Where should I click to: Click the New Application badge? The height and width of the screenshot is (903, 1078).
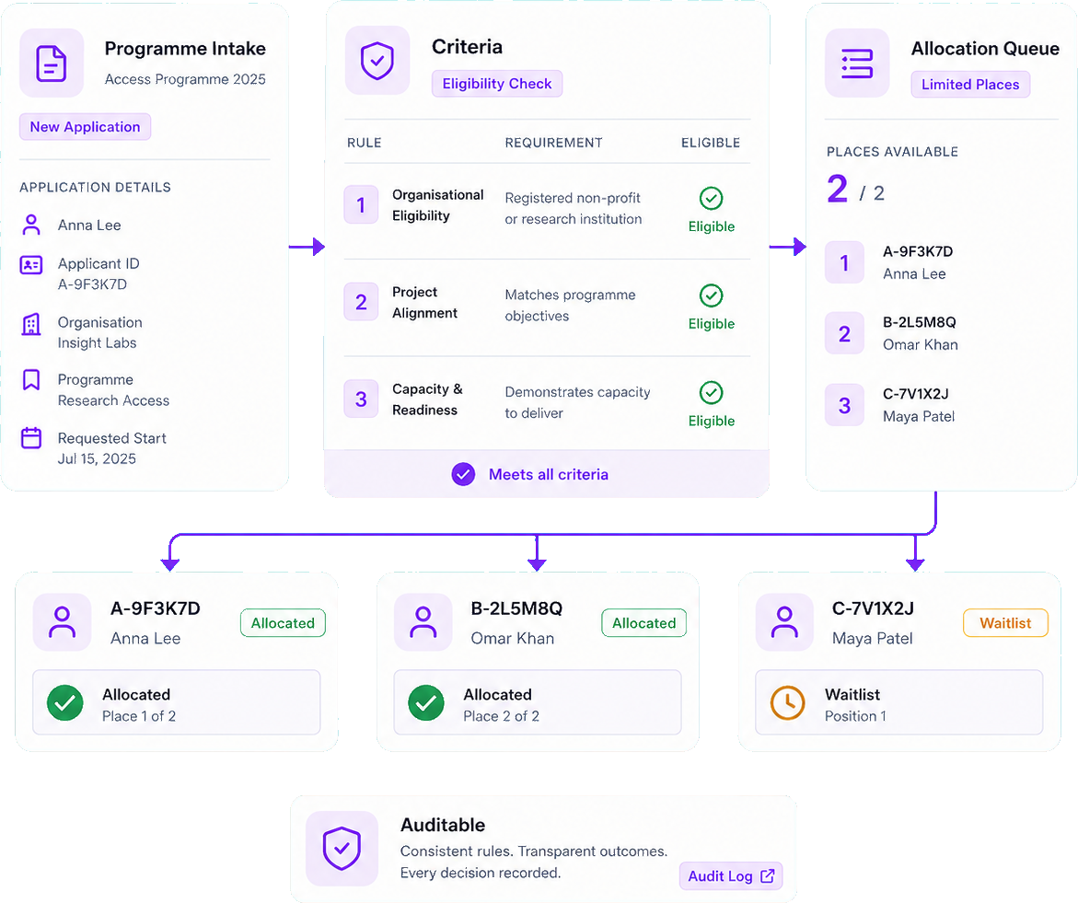(x=86, y=126)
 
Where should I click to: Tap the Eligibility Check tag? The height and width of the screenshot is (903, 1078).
(x=497, y=83)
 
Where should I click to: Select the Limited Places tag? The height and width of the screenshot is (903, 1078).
(x=970, y=85)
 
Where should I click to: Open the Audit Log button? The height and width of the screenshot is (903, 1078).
(x=731, y=875)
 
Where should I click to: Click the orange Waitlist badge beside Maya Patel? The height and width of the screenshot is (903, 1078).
(x=1005, y=622)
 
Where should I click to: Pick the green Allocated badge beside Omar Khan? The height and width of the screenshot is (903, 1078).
(x=643, y=622)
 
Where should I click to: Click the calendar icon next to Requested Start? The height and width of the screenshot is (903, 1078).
(x=31, y=438)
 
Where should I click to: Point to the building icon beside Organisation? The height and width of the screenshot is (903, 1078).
(x=31, y=324)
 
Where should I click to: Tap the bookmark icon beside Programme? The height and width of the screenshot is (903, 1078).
(x=31, y=379)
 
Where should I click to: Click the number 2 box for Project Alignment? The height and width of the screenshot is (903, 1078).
(x=361, y=302)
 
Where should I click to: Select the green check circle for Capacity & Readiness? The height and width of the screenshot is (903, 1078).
(x=711, y=392)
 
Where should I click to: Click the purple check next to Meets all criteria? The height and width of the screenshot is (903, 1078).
(x=463, y=474)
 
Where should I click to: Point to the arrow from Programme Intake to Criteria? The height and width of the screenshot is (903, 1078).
(x=307, y=246)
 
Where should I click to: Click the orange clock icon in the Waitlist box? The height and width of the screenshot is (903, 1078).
(x=787, y=702)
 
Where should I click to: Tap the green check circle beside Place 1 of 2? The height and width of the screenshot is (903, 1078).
(x=65, y=702)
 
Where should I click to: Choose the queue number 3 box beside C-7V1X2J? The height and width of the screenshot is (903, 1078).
(x=844, y=405)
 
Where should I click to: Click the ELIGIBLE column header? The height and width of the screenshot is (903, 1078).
(x=710, y=143)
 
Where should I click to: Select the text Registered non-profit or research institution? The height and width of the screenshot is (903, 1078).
(x=574, y=208)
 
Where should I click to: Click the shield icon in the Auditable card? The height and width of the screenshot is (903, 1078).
(x=342, y=848)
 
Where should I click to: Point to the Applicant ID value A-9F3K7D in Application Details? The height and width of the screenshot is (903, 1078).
(x=92, y=284)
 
